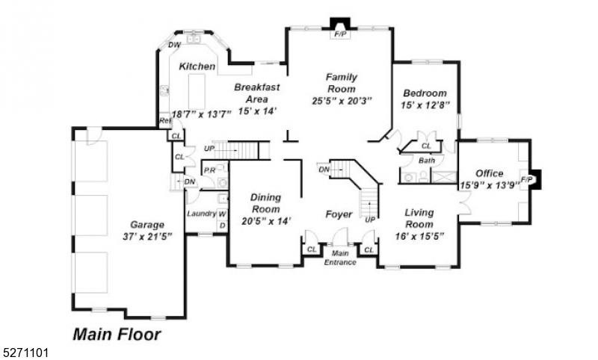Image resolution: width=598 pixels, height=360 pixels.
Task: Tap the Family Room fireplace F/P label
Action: tap(340, 34)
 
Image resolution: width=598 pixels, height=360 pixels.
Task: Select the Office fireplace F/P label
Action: tap(525, 179)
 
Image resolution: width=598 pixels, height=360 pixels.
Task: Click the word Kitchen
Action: tap(197, 66)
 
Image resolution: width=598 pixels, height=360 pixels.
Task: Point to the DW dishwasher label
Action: tap(174, 46)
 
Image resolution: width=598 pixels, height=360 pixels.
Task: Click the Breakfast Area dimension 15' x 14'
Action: tap(257, 111)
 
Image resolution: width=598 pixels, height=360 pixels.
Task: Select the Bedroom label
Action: tap(425, 93)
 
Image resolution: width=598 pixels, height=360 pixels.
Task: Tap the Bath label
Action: tap(427, 161)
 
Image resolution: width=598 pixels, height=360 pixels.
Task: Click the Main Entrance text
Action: tap(340, 258)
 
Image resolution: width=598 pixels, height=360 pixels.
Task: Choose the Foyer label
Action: tap(339, 214)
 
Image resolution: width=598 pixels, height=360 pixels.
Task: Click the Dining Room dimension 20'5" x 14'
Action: tap(265, 220)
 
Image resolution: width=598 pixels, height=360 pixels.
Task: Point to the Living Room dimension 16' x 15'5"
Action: tap(419, 236)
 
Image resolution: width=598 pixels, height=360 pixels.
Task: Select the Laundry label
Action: tap(201, 214)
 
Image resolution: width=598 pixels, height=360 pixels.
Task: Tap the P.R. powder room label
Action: tap(210, 171)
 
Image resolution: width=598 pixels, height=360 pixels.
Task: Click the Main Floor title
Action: tap(116, 334)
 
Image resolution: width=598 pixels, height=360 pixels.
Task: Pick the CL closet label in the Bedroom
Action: tap(426, 146)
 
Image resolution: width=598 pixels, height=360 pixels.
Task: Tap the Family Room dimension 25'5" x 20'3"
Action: tap(342, 100)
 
